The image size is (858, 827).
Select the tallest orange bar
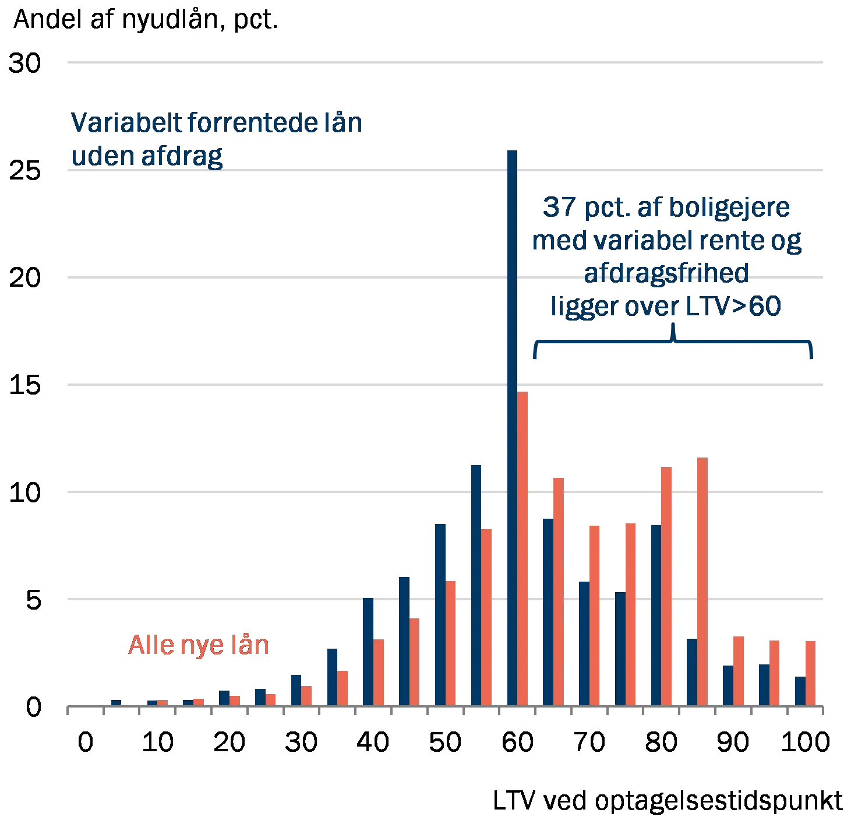click(x=523, y=548)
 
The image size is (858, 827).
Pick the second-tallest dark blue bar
click(x=476, y=583)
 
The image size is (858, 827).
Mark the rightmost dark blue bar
click(x=799, y=690)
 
